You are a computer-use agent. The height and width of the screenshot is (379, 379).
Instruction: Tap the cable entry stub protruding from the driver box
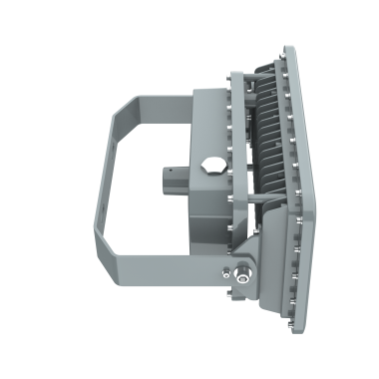(x=172, y=181)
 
